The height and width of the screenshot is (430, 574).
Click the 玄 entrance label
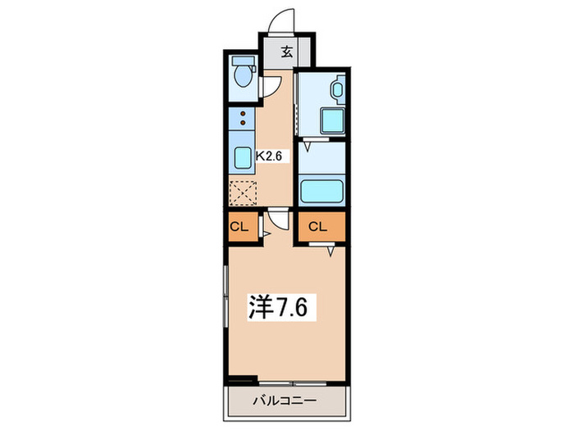(x=287, y=52)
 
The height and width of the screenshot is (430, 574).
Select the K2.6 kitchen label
(x=270, y=154)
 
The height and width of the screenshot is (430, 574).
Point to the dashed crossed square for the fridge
(x=243, y=193)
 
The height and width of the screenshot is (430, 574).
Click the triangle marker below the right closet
(x=331, y=251)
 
